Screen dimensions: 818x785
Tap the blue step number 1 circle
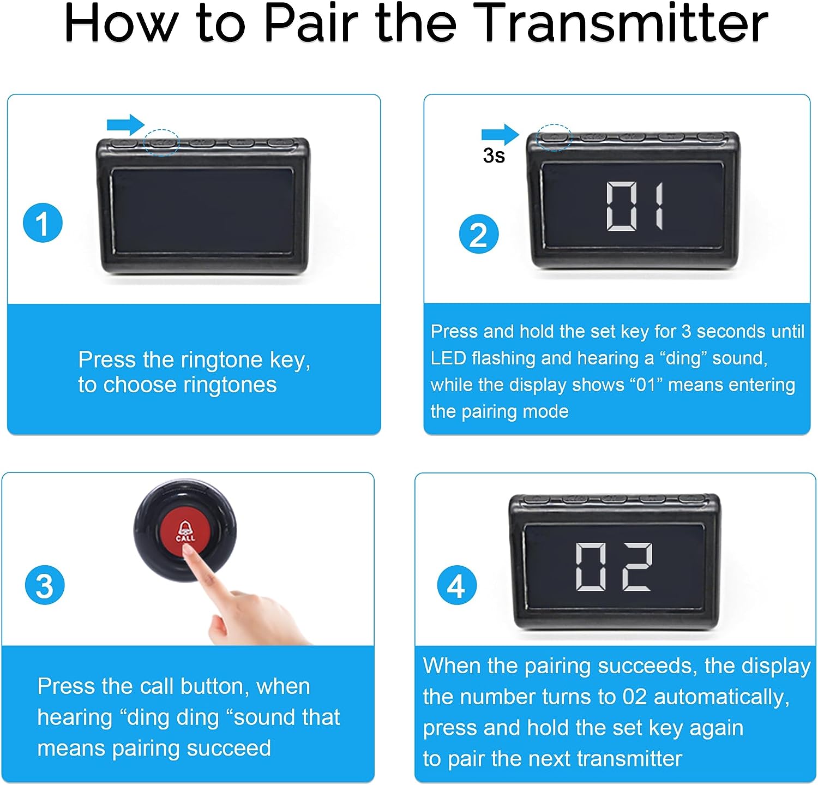coord(43,223)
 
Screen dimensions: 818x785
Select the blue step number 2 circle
coord(479,235)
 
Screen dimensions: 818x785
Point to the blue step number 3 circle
coord(45,585)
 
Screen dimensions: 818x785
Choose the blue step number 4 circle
coord(457,586)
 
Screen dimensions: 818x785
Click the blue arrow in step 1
coord(125,125)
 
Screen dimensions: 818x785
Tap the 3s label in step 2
coord(494,156)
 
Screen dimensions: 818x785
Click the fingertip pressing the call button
coord(188,553)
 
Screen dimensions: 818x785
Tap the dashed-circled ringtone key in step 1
coord(162,143)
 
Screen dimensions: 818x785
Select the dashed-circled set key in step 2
coord(554,137)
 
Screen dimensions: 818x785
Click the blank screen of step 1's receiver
coord(203,211)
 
